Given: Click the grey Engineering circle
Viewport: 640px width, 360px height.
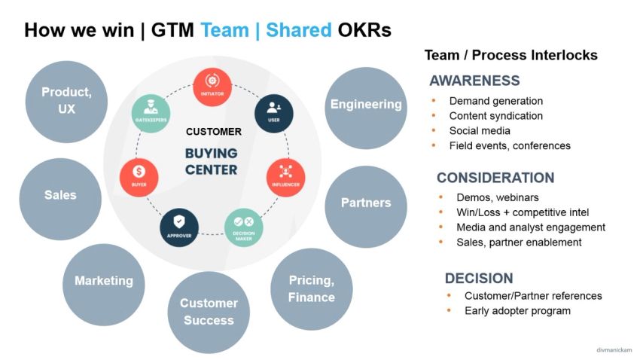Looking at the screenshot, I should (366, 104).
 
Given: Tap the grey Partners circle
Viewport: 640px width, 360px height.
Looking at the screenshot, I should (366, 203).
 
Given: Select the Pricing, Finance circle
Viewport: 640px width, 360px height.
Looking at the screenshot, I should (312, 288).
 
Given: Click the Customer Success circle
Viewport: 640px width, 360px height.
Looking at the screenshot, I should (209, 312).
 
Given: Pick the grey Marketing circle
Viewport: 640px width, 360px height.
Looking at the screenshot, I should (103, 281).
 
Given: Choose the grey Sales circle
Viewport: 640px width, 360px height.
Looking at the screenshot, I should (60, 195).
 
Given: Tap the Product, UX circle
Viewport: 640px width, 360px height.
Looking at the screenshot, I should (66, 101).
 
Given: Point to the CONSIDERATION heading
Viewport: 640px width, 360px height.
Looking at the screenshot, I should (495, 178).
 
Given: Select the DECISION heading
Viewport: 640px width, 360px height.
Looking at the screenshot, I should (479, 278).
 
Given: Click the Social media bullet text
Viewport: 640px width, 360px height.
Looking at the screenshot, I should (480, 131).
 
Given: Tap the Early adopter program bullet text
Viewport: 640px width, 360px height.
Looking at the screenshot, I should (517, 310).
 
